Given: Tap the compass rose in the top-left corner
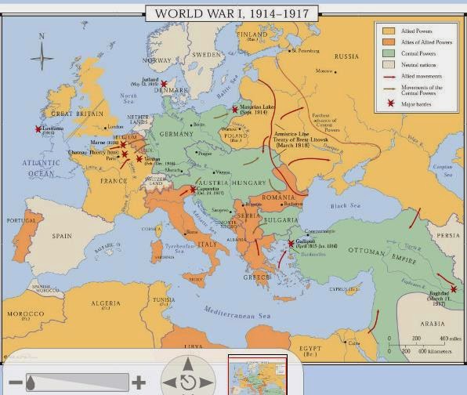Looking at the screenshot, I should point(42,56).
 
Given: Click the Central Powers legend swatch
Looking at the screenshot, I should point(386,53).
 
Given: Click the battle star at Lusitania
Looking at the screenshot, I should point(38,129).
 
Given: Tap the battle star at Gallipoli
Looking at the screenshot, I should point(291,244).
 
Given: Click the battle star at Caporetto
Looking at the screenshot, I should point(193,190).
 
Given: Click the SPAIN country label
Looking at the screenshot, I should point(61,235).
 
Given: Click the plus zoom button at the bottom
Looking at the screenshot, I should point(139,382).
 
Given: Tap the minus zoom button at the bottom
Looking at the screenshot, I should point(16,382).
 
